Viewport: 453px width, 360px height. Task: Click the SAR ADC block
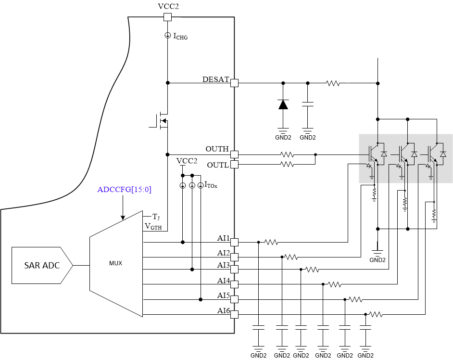[42, 265]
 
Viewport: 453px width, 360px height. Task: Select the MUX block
[116, 263]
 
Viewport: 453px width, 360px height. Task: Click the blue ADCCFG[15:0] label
[124, 190]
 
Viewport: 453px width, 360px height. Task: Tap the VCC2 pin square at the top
[167, 17]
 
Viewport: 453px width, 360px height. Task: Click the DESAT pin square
[234, 83]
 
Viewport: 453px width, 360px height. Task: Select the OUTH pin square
[234, 154]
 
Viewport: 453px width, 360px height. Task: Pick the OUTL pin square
[234, 165]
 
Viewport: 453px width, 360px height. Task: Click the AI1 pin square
[234, 242]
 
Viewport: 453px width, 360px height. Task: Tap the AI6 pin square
[234, 314]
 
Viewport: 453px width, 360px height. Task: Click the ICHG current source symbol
[167, 35]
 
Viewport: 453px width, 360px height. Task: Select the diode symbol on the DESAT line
[283, 104]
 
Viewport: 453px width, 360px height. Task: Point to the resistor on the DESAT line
[333, 83]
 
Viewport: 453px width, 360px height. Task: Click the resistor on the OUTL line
[287, 165]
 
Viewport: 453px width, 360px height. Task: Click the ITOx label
[211, 185]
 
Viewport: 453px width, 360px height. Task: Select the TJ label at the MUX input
[156, 217]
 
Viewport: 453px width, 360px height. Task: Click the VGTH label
[153, 226]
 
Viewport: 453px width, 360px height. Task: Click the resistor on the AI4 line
[335, 284]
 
